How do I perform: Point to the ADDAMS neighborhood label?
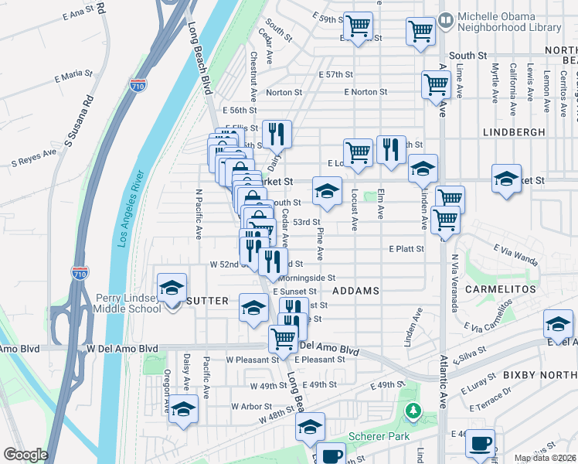(355, 291)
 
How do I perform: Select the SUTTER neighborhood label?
(207, 300)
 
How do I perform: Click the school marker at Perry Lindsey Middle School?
(172, 289)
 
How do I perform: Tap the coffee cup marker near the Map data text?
(480, 444)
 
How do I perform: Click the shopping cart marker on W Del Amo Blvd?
(284, 338)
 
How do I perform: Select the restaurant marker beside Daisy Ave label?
(276, 134)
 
